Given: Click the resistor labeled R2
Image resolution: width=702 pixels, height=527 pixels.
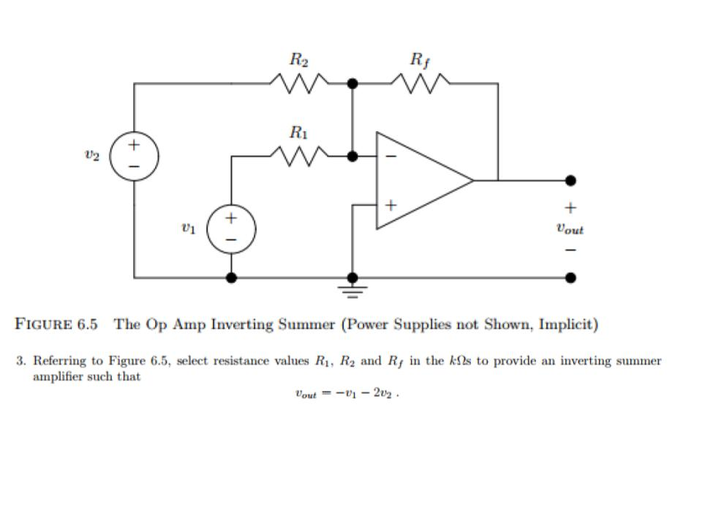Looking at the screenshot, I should tap(299, 83).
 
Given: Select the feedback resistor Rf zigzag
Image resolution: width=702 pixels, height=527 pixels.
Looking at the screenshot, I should tap(420, 83).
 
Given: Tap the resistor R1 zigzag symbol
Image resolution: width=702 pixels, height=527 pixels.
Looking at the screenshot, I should tap(299, 156).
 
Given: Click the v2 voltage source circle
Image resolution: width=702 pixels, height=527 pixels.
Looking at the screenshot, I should tap(135, 156).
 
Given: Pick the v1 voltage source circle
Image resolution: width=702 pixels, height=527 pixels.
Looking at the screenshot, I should tap(231, 228).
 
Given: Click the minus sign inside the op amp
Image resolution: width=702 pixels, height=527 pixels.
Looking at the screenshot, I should tap(390, 156).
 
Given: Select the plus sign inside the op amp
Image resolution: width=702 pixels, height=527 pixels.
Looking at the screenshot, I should tap(390, 206).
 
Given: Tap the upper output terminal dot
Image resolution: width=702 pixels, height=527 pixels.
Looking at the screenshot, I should tap(570, 180).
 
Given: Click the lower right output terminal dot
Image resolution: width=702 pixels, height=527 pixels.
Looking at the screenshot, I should tap(570, 277).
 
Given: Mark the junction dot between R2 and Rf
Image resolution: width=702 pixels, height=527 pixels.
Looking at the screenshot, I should tap(352, 83).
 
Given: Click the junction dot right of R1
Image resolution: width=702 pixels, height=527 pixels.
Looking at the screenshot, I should tap(352, 156).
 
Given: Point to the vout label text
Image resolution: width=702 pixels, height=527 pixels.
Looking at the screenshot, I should tap(570, 229).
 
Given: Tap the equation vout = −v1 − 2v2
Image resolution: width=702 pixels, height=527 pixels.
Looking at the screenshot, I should tap(347, 394).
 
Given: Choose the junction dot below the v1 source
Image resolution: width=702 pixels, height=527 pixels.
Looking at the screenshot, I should tap(231, 277).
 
